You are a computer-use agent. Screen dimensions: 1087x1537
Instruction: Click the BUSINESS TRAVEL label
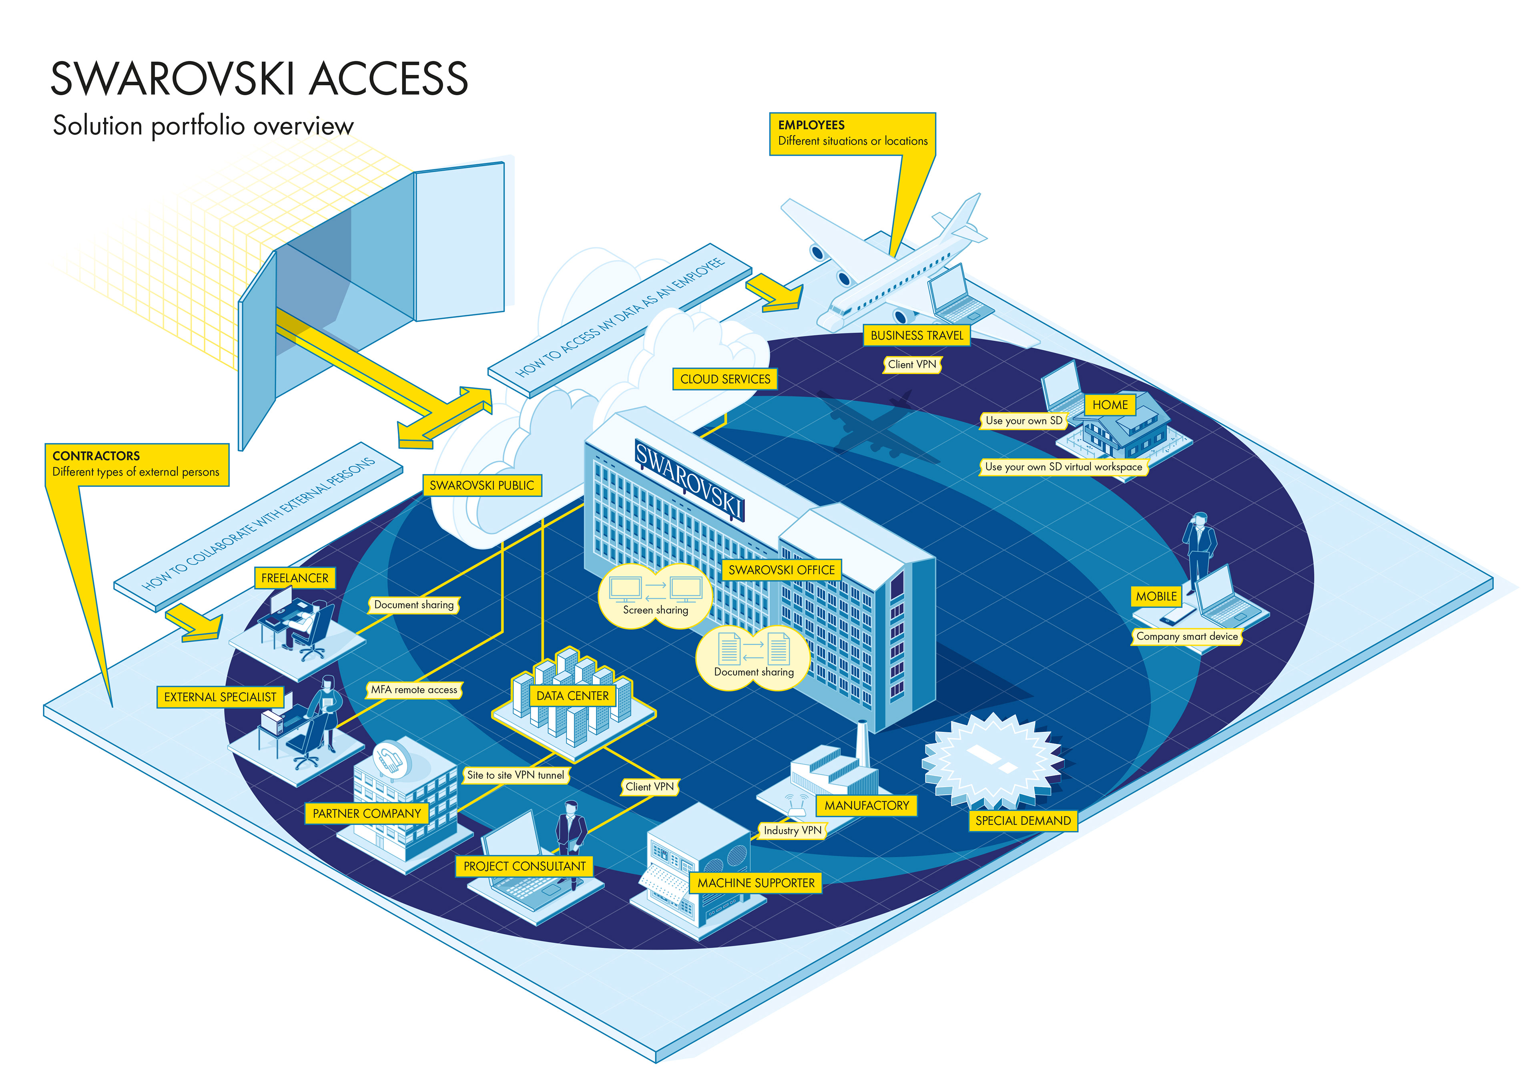(x=917, y=336)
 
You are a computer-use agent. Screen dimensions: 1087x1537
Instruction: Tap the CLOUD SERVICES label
(x=725, y=379)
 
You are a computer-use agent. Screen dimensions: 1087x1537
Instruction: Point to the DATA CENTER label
(x=572, y=696)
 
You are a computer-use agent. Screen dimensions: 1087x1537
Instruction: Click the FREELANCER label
(x=295, y=578)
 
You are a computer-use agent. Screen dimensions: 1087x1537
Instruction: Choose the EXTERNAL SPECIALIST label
(x=220, y=697)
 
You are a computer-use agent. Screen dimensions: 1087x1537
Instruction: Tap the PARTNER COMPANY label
(x=367, y=814)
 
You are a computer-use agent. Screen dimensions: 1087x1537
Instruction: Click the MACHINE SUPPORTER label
(x=756, y=883)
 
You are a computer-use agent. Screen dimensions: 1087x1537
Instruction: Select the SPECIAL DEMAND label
(x=1023, y=820)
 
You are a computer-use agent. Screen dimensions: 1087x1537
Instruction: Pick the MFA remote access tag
(x=414, y=690)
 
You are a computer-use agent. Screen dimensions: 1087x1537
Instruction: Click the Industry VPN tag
(x=793, y=830)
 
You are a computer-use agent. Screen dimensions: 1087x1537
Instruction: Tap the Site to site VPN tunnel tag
(x=516, y=775)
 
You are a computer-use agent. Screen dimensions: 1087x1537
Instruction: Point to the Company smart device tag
(x=1187, y=636)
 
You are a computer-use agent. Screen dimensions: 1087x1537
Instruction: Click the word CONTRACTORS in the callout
(x=96, y=456)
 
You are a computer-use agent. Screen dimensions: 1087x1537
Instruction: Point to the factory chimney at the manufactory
(x=863, y=743)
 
